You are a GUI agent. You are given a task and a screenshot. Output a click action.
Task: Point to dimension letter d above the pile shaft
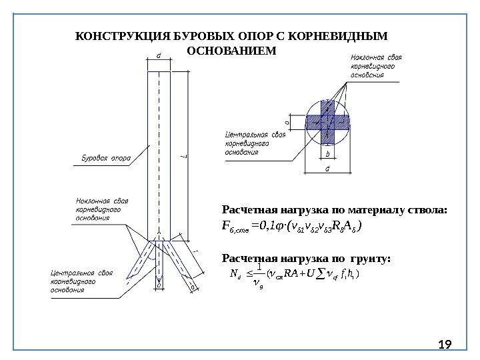(158, 56)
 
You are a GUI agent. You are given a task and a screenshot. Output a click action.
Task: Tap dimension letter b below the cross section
(327, 153)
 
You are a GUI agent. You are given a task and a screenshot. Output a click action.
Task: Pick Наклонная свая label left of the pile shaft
(101, 209)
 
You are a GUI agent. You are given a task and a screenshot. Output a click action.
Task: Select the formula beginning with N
(294, 275)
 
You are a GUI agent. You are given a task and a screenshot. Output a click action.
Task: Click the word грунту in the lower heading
(369, 257)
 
